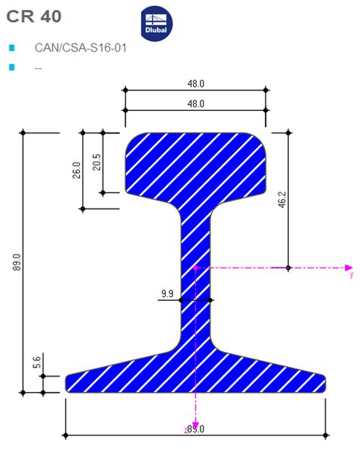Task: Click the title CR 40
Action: [34, 16]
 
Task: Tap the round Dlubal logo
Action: [157, 24]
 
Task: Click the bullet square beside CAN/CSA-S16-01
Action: [11, 48]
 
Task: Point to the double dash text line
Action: [38, 68]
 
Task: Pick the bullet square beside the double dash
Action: [11, 68]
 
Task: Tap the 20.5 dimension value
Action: [96, 162]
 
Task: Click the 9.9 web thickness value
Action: [167, 292]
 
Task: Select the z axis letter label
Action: [187, 430]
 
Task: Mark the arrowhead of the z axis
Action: [196, 425]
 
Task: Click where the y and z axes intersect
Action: [196, 267]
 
